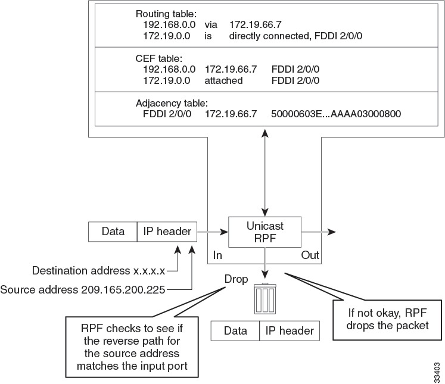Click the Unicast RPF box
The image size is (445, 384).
coord(264,232)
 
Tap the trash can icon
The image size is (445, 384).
coord(264,299)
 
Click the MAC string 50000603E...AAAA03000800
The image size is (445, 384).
coord(335,113)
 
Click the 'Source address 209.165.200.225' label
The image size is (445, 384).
coord(83,289)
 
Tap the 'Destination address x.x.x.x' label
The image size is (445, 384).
coord(98,270)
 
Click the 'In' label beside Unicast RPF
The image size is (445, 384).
coord(217,255)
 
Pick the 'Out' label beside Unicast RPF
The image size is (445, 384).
coord(310,255)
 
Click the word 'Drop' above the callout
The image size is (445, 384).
coord(236,278)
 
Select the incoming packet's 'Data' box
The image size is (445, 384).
coord(113,232)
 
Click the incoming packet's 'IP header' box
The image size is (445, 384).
coord(167,232)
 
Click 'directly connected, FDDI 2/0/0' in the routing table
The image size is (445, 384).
coord(296,36)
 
